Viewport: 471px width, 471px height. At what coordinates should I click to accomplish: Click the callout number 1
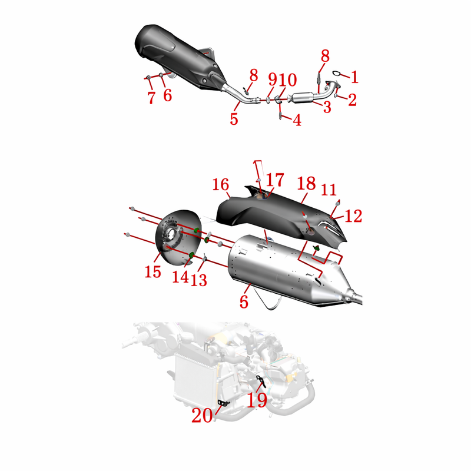[355, 77]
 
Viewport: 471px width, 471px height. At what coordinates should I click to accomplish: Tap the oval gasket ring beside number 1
[337, 73]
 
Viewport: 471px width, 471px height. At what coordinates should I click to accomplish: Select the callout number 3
[327, 107]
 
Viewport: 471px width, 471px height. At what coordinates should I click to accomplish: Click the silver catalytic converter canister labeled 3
[301, 98]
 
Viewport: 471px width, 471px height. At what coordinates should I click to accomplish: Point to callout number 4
[297, 120]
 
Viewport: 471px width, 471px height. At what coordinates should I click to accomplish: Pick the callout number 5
[234, 119]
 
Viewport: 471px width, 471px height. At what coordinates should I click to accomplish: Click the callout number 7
[152, 98]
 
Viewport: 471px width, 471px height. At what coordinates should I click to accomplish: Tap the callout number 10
[287, 80]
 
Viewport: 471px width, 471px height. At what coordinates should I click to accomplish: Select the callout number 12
[353, 216]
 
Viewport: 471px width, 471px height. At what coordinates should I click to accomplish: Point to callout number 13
[199, 280]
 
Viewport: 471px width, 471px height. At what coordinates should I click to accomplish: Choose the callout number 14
[180, 277]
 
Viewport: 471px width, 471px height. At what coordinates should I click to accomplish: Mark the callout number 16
[220, 184]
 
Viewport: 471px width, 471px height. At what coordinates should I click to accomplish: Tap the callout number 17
[275, 180]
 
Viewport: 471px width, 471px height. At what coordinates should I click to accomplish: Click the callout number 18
[306, 183]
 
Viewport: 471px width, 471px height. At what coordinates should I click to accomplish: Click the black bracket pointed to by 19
[261, 381]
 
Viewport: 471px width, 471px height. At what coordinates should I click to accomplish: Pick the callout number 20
[202, 416]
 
